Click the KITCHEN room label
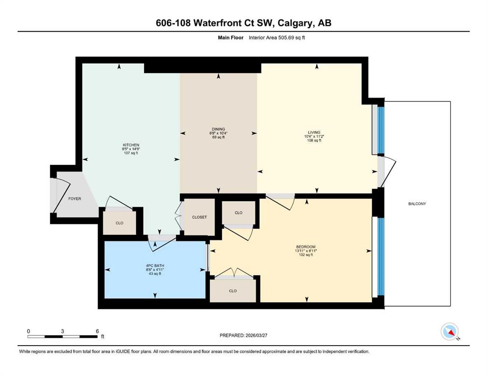click(x=131, y=145)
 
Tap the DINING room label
click(x=218, y=129)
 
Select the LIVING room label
click(x=314, y=132)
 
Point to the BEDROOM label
click(x=306, y=247)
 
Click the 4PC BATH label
click(x=155, y=266)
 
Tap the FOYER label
click(x=75, y=199)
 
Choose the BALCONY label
click(x=417, y=204)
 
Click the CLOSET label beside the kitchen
click(x=200, y=217)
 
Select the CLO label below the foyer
click(x=120, y=223)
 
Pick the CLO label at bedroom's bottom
click(x=232, y=291)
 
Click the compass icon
click(x=450, y=331)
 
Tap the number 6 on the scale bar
click(x=97, y=331)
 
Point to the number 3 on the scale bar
click(x=62, y=331)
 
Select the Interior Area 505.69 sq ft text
click(x=277, y=38)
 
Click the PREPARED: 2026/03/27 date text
click(x=243, y=335)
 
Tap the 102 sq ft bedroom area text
click(x=306, y=255)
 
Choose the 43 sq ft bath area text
click(x=155, y=274)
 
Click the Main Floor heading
click(x=231, y=38)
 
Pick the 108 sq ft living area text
click(x=314, y=141)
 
